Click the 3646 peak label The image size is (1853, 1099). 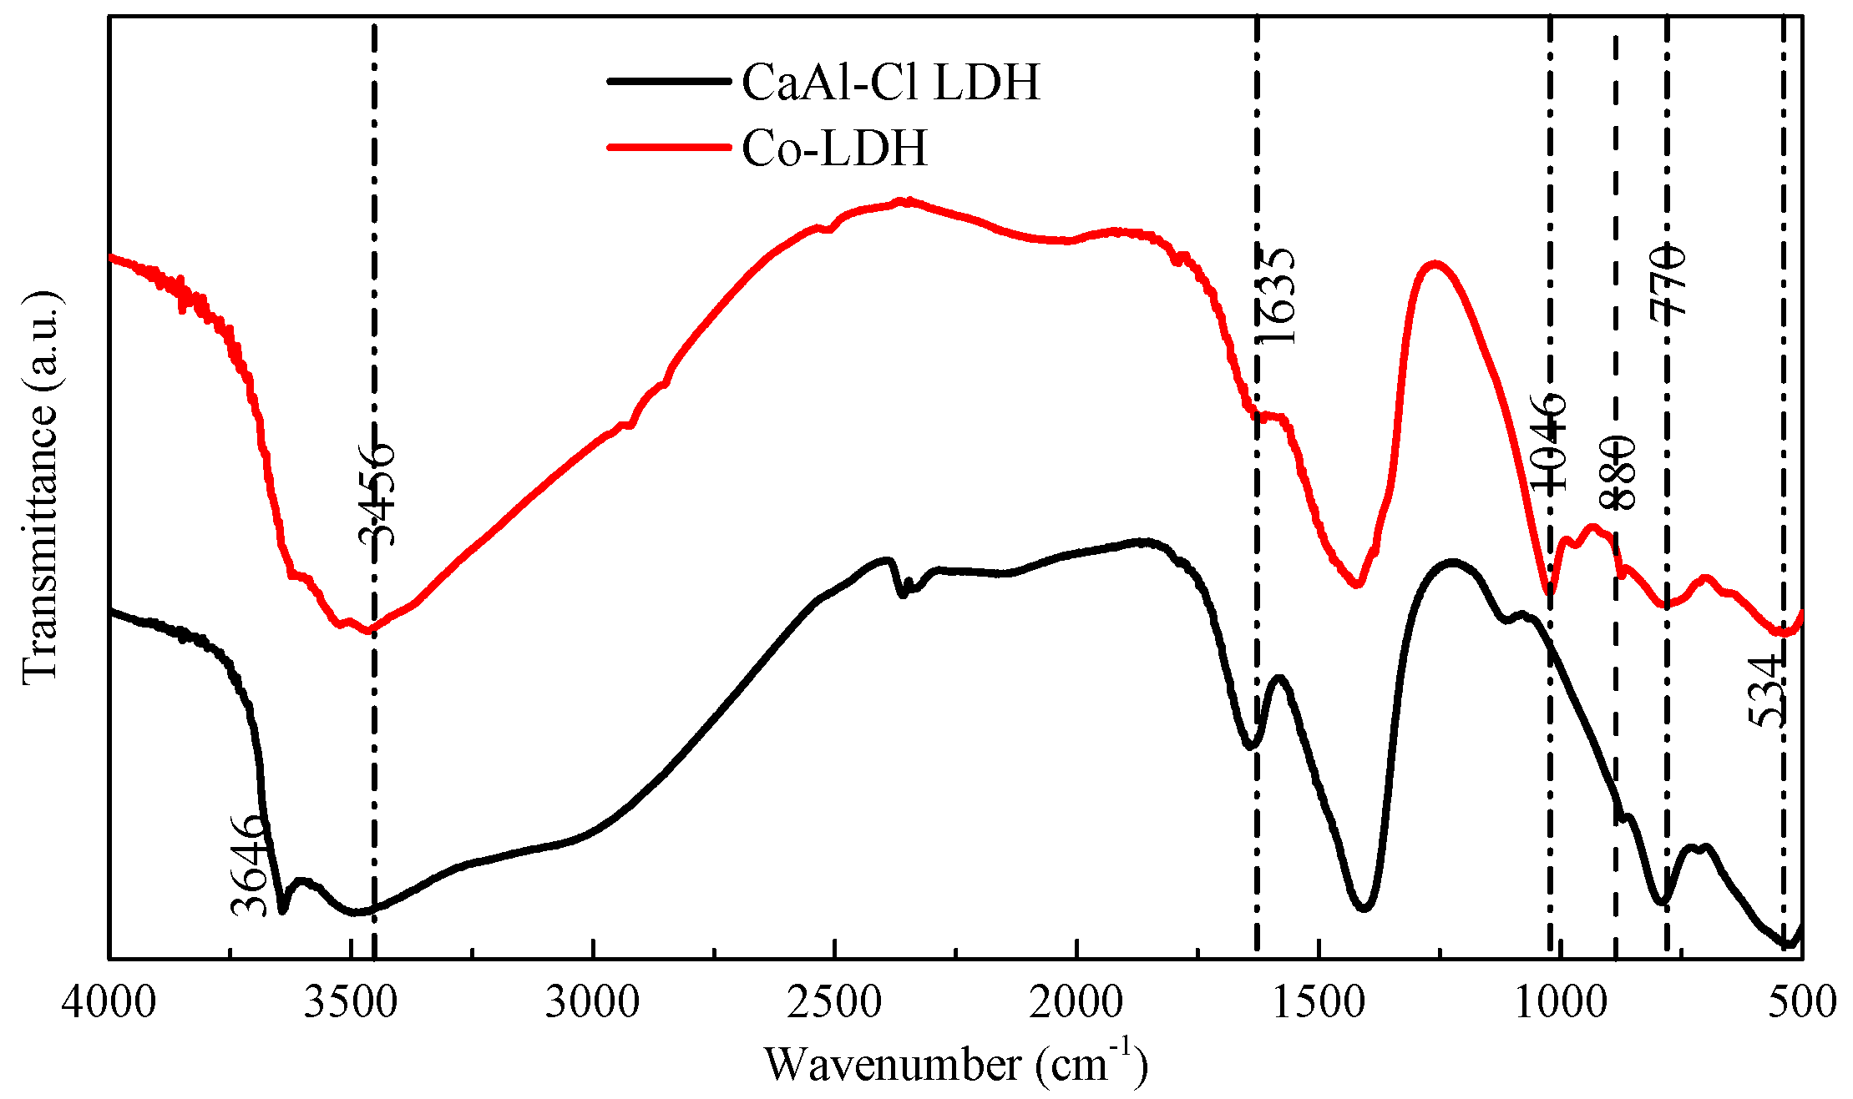(x=248, y=865)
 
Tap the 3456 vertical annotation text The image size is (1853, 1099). (x=375, y=494)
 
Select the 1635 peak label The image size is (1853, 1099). (x=1275, y=295)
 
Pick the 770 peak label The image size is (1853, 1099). (x=1668, y=280)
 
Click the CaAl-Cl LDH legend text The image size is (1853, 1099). (x=891, y=82)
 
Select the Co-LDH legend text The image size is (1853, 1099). (x=834, y=149)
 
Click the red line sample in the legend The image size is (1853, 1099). (x=668, y=148)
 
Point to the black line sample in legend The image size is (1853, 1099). (x=668, y=81)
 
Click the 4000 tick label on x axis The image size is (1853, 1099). (x=109, y=1001)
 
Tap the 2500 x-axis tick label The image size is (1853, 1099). (x=834, y=1001)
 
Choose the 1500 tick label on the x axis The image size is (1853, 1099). (x=1319, y=1001)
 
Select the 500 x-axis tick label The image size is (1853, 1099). (x=1802, y=1001)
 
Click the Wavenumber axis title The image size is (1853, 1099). (x=955, y=1064)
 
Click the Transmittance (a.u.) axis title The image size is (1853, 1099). (x=40, y=488)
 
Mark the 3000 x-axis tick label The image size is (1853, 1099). (x=592, y=1001)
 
